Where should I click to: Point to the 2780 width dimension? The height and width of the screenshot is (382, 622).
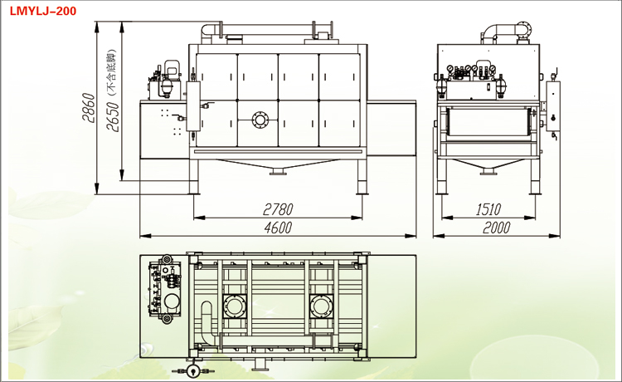click(x=278, y=208)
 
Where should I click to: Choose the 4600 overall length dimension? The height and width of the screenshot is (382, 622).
click(x=278, y=226)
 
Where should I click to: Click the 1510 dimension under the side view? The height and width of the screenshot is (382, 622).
click(x=487, y=208)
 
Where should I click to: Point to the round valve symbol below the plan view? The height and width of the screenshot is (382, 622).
click(x=193, y=370)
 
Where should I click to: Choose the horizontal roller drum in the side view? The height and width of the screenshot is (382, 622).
click(x=488, y=123)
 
